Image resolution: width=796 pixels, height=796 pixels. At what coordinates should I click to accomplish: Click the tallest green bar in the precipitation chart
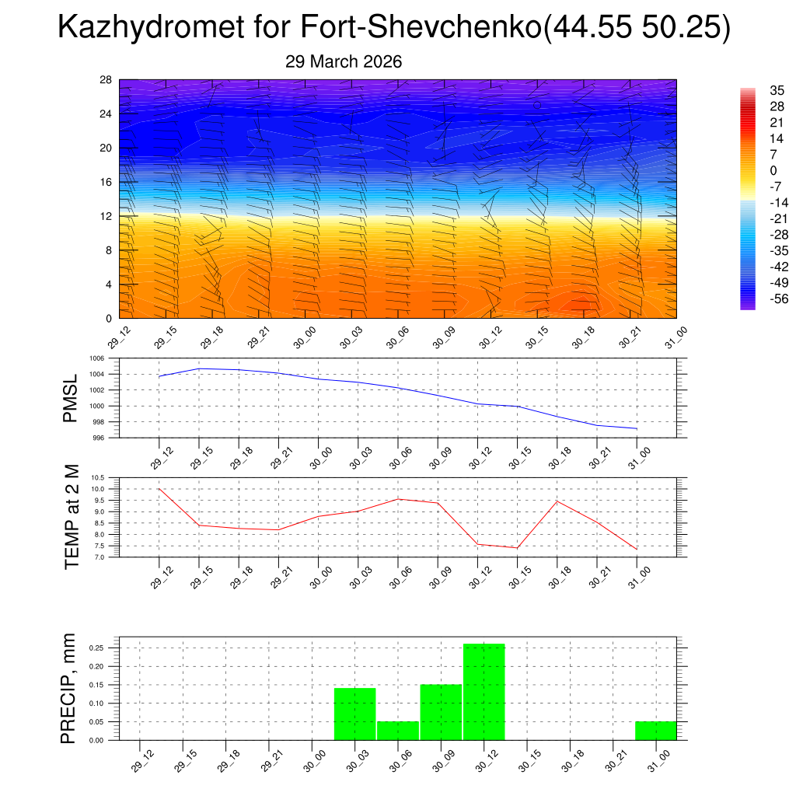(484, 692)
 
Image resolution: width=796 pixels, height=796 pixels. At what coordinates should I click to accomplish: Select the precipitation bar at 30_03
(355, 714)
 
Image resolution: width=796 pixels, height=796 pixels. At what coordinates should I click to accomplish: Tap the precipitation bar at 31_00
(655, 731)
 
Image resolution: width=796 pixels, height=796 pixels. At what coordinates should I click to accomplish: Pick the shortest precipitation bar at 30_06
(398, 731)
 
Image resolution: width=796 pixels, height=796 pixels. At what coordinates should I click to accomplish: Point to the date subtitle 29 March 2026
(344, 61)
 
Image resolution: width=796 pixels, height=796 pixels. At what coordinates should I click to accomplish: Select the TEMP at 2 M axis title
(72, 517)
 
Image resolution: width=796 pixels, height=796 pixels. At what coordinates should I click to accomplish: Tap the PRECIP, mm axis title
(69, 689)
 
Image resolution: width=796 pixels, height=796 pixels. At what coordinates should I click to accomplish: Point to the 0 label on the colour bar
(773, 170)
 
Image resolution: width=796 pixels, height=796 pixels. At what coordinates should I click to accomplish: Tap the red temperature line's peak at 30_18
(557, 501)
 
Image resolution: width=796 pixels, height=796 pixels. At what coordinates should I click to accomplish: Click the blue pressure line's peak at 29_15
(199, 368)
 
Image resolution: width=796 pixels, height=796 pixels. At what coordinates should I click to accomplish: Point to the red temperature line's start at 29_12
(159, 489)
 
